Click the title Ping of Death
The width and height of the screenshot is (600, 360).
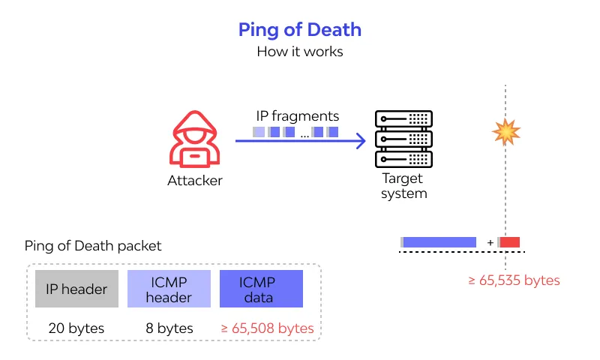pyautogui.click(x=300, y=30)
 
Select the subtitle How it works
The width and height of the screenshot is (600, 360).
pyautogui.click(x=300, y=52)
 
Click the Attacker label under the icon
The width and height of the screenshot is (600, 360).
pyautogui.click(x=195, y=181)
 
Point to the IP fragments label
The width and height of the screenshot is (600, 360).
pyautogui.click(x=298, y=116)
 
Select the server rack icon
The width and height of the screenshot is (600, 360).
pyautogui.click(x=403, y=139)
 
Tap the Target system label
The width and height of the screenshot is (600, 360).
pyautogui.click(x=403, y=186)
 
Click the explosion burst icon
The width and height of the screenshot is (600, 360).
pyautogui.click(x=505, y=132)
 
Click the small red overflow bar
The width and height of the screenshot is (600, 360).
pyautogui.click(x=510, y=242)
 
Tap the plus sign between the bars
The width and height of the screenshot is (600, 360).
pyautogui.click(x=490, y=242)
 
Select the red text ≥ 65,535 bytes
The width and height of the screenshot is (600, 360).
pyautogui.click(x=514, y=280)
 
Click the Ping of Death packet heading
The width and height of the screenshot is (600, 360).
pyautogui.click(x=93, y=246)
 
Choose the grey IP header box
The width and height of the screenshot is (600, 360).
pyautogui.click(x=76, y=289)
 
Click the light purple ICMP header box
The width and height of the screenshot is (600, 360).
pyautogui.click(x=169, y=289)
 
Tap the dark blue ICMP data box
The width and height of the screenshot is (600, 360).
pyautogui.click(x=261, y=289)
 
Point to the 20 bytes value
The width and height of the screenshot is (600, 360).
pyautogui.click(x=76, y=328)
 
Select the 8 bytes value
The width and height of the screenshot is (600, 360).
pyautogui.click(x=169, y=328)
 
